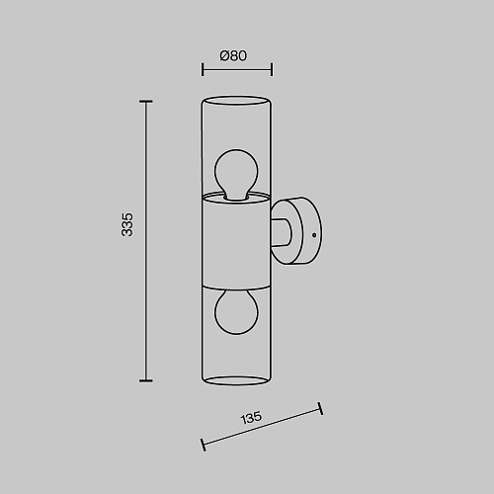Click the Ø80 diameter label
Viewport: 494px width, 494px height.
(x=233, y=55)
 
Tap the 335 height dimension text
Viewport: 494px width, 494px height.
(x=127, y=224)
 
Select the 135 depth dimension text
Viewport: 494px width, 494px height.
(x=252, y=417)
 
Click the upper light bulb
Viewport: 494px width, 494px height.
(x=236, y=174)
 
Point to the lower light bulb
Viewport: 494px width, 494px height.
(x=236, y=312)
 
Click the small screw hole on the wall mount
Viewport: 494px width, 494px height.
(x=314, y=235)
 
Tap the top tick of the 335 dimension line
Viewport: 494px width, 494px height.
(x=146, y=102)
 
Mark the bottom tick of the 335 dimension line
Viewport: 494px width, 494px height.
(x=146, y=380)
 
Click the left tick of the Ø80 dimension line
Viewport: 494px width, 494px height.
(x=203, y=69)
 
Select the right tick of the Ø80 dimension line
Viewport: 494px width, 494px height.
(x=272, y=69)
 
